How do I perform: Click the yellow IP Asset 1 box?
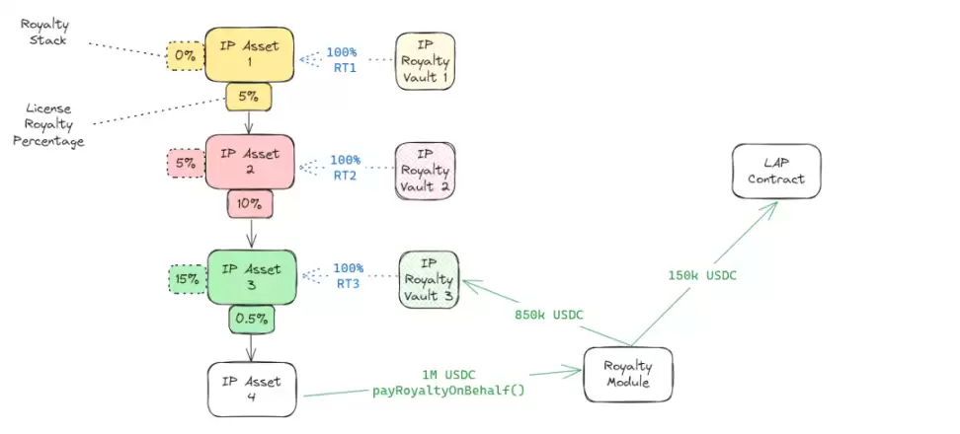pyautogui.click(x=249, y=54)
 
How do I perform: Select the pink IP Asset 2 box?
pyautogui.click(x=250, y=162)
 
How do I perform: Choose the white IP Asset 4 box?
pyautogui.click(x=251, y=389)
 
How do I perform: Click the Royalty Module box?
pyautogui.click(x=628, y=374)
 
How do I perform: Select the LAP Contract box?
pyautogui.click(x=775, y=171)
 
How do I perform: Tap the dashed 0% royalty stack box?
pyautogui.click(x=185, y=57)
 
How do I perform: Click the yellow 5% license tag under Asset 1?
pyautogui.click(x=248, y=97)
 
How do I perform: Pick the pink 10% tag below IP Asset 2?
pyautogui.click(x=249, y=204)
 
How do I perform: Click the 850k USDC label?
pyautogui.click(x=549, y=316)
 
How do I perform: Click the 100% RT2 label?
pyautogui.click(x=345, y=167)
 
